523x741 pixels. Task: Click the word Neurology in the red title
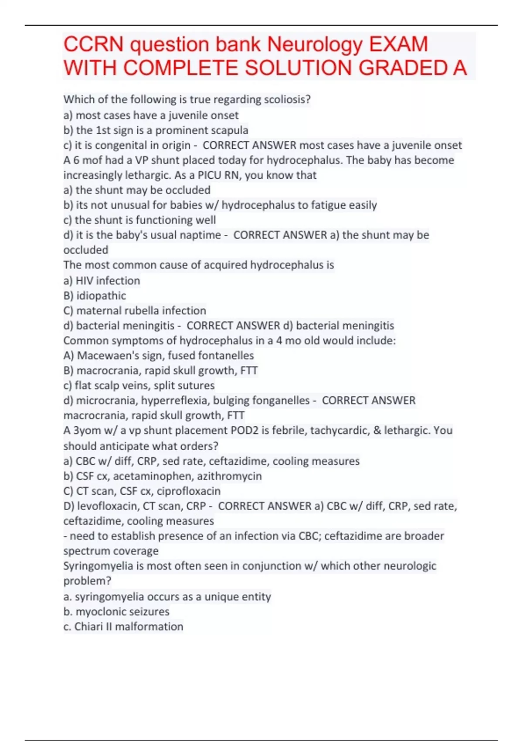[314, 44]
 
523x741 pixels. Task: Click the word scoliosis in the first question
[286, 100]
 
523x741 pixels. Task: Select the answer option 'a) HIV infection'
[102, 281]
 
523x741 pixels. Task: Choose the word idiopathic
[101, 296]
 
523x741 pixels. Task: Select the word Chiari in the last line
[88, 627]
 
